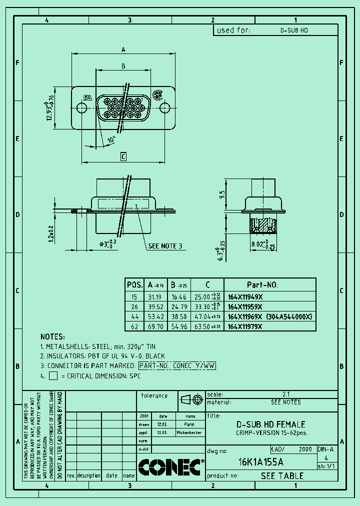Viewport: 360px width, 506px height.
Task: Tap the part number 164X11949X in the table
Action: click(x=245, y=296)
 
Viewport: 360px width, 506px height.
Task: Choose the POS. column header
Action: click(x=134, y=284)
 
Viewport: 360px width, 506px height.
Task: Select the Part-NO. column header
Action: click(x=262, y=284)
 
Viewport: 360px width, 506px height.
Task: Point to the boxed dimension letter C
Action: click(x=123, y=157)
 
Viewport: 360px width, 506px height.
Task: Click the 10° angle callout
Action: click(x=111, y=139)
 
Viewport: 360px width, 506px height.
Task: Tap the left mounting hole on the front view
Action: click(x=81, y=107)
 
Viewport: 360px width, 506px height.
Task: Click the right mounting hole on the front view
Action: click(x=164, y=107)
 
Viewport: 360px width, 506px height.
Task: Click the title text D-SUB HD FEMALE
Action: click(x=270, y=424)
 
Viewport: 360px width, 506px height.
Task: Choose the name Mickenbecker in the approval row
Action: click(x=190, y=432)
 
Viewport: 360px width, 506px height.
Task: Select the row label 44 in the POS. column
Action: click(x=134, y=316)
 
